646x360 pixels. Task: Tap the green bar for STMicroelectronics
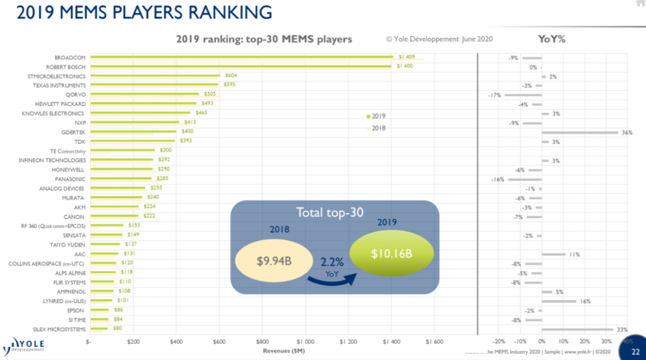click(155, 75)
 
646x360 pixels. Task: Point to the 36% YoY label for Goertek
click(627, 133)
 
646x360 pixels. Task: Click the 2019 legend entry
click(376, 115)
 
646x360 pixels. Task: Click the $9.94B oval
click(275, 262)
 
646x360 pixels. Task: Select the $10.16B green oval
click(392, 254)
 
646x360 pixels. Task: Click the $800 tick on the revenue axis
click(262, 341)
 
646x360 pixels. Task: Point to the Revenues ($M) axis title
click(285, 350)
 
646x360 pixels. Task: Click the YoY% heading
click(552, 39)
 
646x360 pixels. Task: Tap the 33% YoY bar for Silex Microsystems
click(577, 330)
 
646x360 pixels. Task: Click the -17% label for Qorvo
click(494, 95)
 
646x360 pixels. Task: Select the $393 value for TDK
click(185, 141)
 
